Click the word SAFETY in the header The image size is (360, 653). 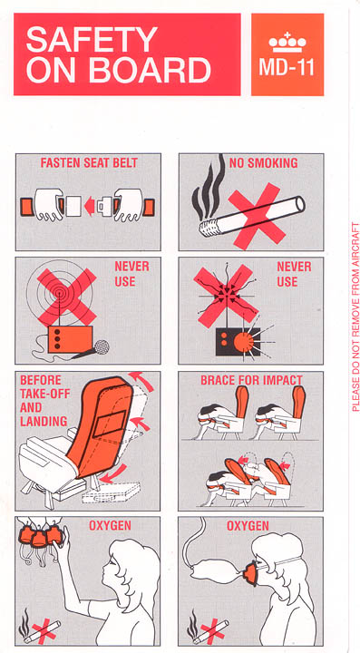(x=92, y=39)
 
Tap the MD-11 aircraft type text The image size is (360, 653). (x=287, y=67)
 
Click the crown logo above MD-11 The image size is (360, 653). (x=287, y=43)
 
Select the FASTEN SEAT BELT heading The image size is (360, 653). (x=89, y=163)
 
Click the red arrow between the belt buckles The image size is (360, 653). (x=89, y=207)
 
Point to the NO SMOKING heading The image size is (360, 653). (x=264, y=163)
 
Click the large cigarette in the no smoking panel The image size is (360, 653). (x=252, y=217)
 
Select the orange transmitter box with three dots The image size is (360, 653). (x=70, y=339)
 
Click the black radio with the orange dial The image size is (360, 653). (x=238, y=342)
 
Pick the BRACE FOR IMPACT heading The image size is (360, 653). (x=251, y=380)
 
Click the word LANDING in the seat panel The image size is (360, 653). (x=44, y=421)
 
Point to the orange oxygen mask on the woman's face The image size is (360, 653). (x=251, y=573)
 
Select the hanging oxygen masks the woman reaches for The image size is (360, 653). (x=40, y=535)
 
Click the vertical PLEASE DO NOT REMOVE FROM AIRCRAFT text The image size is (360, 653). (x=355, y=317)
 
